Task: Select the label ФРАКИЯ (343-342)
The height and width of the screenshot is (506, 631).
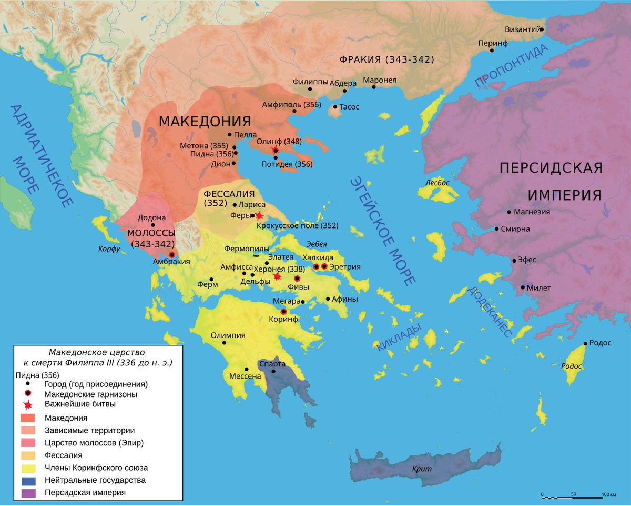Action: [x=387, y=59]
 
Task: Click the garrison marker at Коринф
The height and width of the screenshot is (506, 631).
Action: [x=284, y=311]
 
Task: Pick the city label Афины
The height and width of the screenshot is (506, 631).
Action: [x=345, y=299]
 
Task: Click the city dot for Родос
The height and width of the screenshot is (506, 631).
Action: [x=585, y=344]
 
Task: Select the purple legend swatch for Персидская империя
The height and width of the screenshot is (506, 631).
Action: [x=28, y=493]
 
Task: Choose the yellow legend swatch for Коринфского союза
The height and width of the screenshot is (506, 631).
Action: [x=28, y=468]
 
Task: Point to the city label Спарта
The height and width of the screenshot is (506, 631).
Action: [x=272, y=364]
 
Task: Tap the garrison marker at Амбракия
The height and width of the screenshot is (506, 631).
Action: [x=171, y=254]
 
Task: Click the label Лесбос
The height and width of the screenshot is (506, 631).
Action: [x=438, y=183]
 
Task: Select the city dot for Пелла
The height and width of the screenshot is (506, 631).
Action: [x=230, y=135]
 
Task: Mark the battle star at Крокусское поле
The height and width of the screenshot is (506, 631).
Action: [x=258, y=215]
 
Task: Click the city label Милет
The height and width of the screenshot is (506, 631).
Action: [x=540, y=287]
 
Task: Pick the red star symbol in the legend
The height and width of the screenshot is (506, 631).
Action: [x=28, y=404]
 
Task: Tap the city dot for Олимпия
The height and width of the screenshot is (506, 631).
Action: [x=225, y=343]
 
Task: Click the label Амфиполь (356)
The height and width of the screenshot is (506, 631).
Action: [x=291, y=104]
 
